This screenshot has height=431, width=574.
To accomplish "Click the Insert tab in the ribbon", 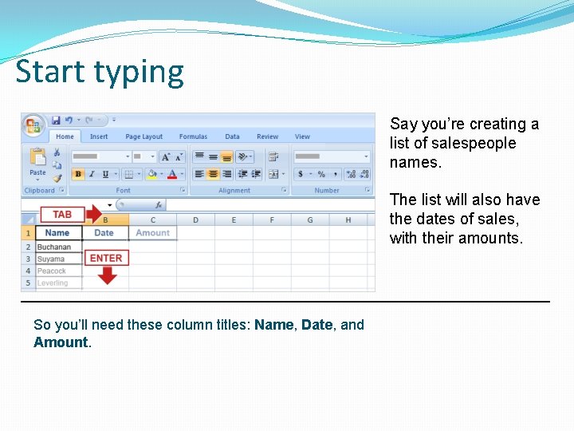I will tap(99, 136).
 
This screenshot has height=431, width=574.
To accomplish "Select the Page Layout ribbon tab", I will tap(143, 136).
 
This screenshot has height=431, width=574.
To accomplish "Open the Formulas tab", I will tap(193, 136).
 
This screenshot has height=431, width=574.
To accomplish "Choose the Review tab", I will tap(268, 136).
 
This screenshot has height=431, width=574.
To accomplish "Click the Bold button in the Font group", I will tap(78, 174).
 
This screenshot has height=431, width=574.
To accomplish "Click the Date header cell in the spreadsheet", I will tap(104, 233).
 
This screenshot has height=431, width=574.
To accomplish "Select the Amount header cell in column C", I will tap(152, 233).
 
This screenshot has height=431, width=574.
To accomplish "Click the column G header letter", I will tap(310, 220).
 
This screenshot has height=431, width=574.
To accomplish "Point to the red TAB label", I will tap(62, 215).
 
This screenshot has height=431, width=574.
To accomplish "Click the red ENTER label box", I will tap(106, 259).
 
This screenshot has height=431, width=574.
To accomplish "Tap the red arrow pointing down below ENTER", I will tap(107, 275).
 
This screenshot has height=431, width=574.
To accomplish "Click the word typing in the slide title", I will tap(142, 73).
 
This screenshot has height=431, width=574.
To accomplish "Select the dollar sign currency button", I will tap(301, 174).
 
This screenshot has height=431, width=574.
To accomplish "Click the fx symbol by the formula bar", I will tap(159, 205).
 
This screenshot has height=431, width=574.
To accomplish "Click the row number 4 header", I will tap(27, 271).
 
